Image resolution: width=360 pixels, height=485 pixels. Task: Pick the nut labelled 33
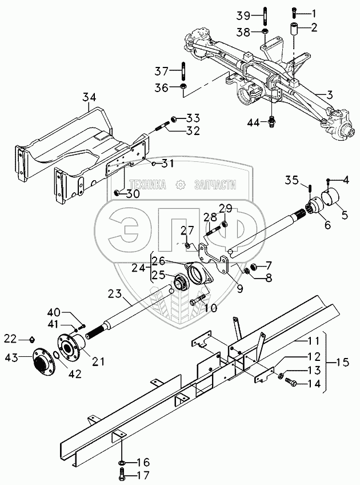click(x=175, y=118)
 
